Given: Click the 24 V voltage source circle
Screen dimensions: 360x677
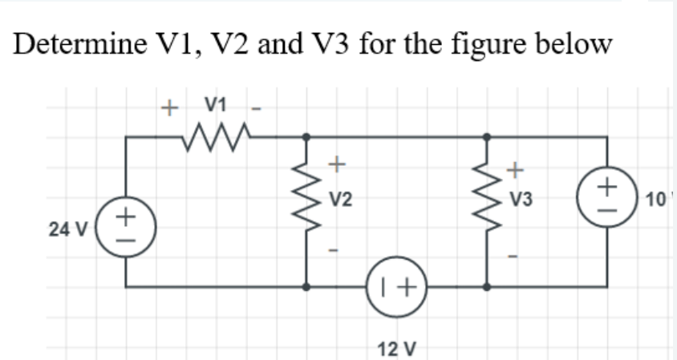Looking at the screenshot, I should (x=125, y=230).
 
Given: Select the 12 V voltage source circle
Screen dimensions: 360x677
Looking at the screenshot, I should (x=396, y=285).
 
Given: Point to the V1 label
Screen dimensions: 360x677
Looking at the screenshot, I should (x=216, y=104).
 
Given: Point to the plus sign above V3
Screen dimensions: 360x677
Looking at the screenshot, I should (x=517, y=169).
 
